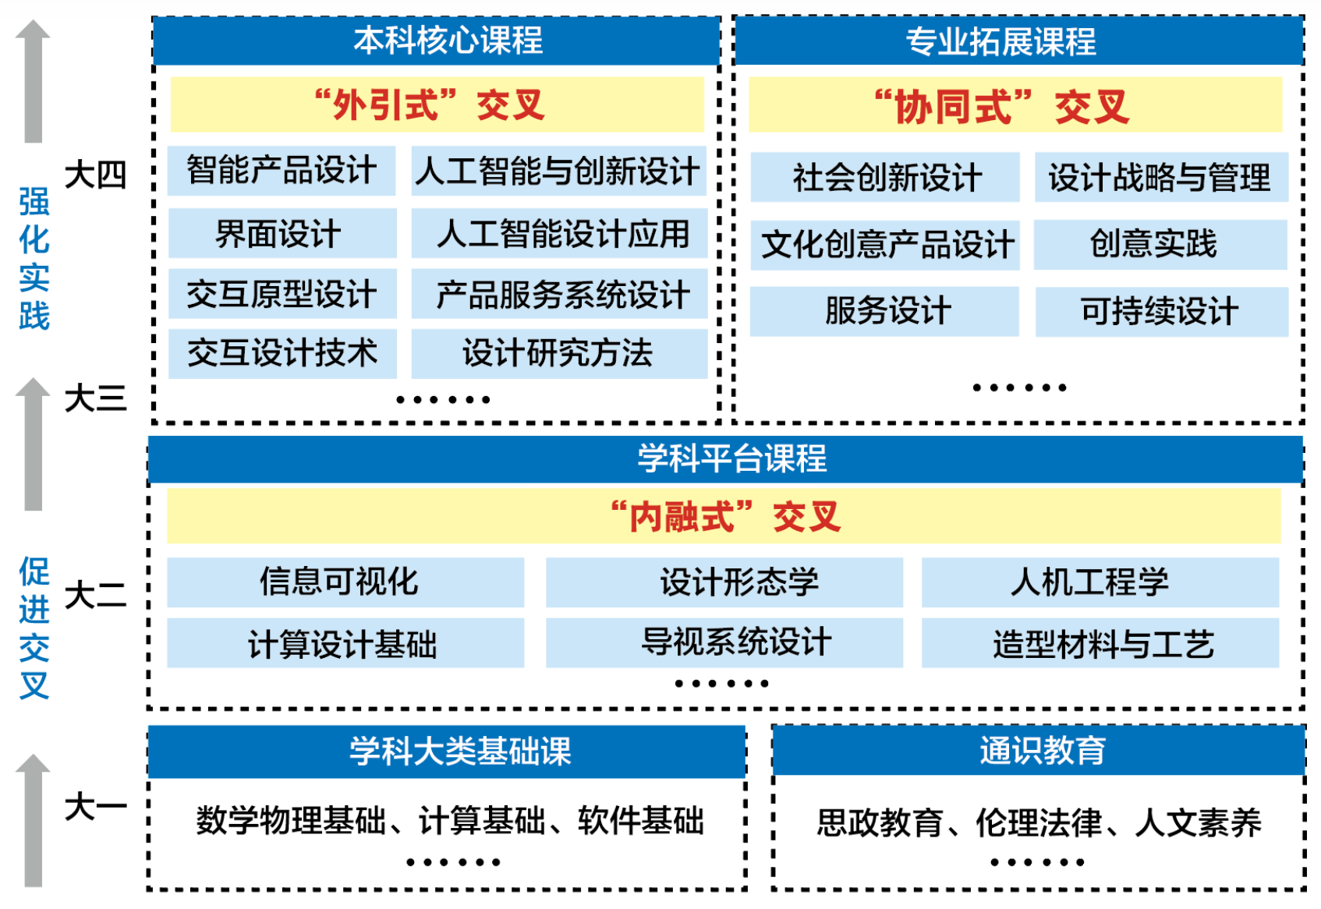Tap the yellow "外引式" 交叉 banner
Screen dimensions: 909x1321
437,104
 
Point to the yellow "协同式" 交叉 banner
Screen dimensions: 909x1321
1015,105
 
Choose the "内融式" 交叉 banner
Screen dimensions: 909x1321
724,516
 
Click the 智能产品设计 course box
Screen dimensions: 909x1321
282,171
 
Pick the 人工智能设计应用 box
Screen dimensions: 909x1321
559,233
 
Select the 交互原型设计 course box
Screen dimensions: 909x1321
282,294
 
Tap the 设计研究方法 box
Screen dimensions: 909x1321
559,353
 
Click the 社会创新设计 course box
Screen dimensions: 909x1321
885,177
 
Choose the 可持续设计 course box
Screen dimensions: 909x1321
1161,311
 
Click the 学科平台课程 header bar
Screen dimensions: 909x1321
725,458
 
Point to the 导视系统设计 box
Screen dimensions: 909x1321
724,642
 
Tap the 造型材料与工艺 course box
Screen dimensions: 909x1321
1100,643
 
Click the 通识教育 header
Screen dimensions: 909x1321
1039,750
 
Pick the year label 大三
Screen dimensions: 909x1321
95,399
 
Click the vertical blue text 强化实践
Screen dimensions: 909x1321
34,259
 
